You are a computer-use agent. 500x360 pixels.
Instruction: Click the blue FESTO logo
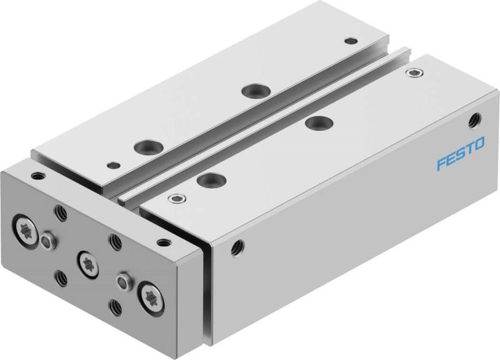[x=459, y=155]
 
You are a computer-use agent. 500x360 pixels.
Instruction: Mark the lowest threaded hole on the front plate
[x=115, y=306]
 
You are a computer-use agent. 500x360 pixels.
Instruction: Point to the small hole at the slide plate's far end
[x=349, y=41]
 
